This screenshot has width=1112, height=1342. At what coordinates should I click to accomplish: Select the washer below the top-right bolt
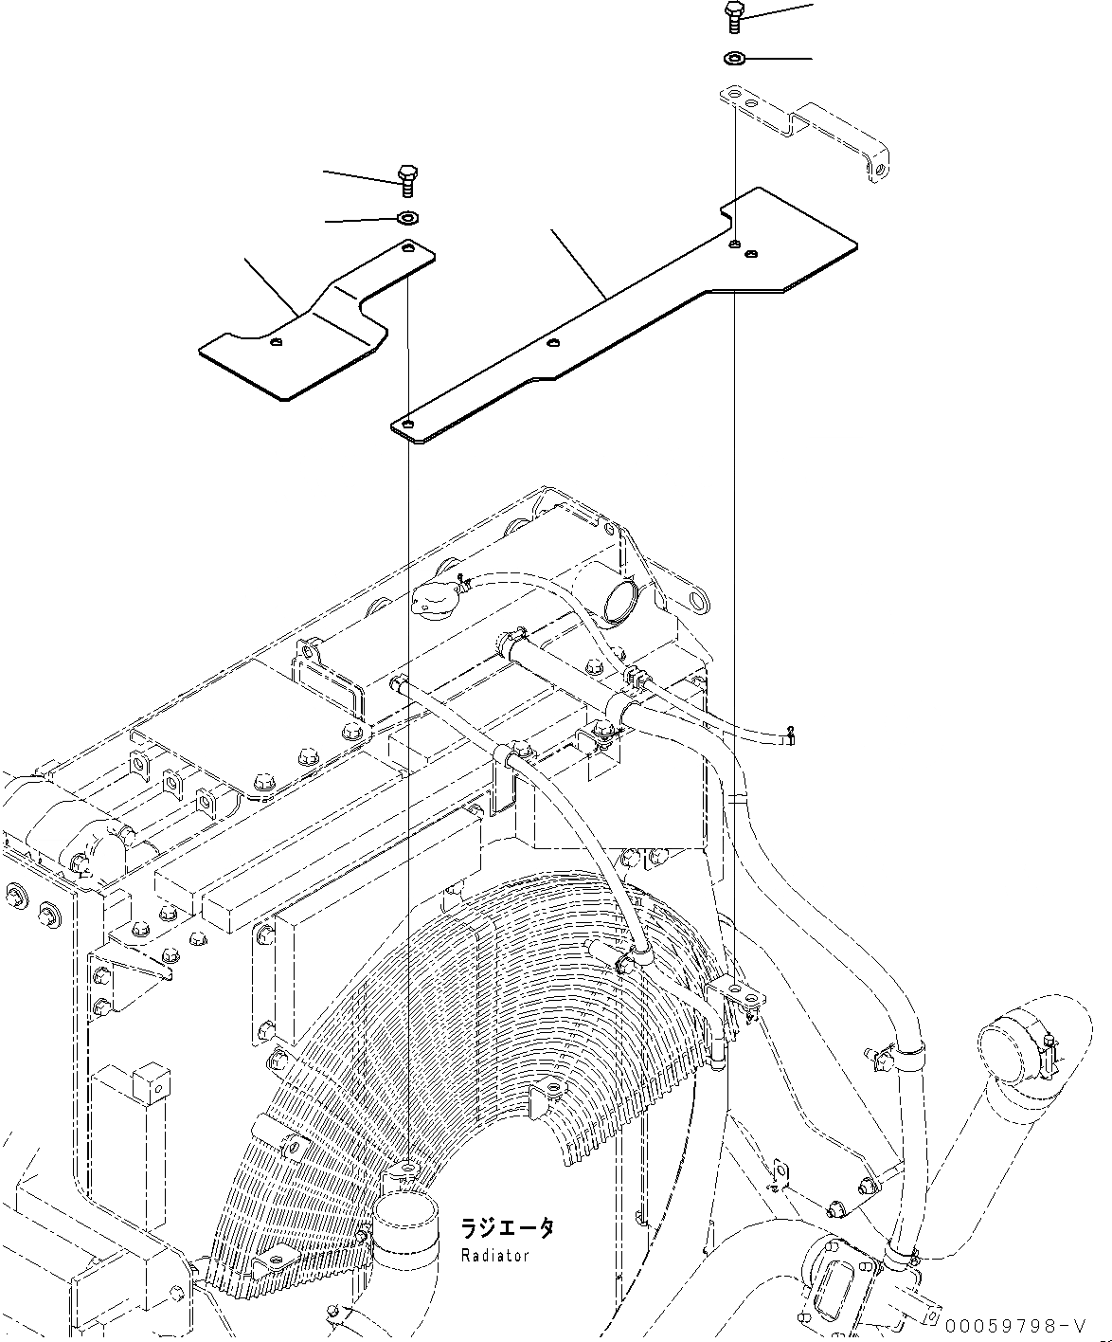734,59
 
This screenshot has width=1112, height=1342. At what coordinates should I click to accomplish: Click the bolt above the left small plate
408,179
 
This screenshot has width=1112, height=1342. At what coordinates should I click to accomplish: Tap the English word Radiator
494,1255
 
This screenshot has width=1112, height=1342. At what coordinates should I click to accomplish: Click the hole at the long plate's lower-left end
407,423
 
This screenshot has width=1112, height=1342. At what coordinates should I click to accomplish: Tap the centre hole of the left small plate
275,342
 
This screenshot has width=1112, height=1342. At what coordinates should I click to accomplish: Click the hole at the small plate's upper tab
408,249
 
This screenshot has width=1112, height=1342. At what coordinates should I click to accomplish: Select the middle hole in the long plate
553,344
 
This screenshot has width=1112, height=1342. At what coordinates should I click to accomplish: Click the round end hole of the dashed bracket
881,172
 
